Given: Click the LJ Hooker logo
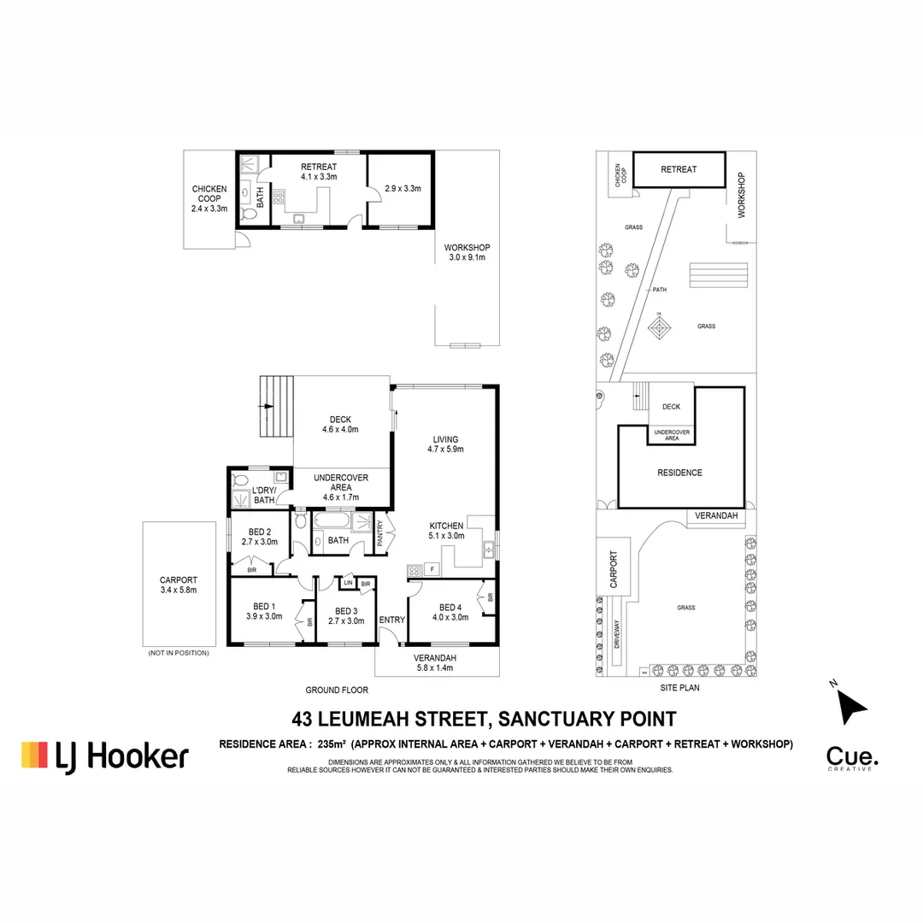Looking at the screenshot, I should click(x=105, y=755).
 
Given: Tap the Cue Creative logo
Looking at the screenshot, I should click(x=851, y=757).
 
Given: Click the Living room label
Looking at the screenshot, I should click(x=446, y=444).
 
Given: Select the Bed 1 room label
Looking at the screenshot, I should click(x=264, y=611).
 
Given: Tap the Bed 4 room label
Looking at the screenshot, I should click(x=450, y=611).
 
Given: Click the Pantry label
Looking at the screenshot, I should click(x=380, y=533).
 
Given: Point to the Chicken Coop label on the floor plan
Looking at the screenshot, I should click(x=209, y=198).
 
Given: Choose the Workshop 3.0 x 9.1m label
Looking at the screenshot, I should click(x=467, y=252).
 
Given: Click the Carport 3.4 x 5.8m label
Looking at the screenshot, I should click(x=179, y=585).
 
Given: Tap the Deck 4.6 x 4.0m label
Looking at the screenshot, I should click(x=341, y=424).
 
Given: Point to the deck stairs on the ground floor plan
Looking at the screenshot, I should click(x=275, y=407).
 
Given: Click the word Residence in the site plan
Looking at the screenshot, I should click(x=679, y=473).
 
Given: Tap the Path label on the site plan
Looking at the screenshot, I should click(x=659, y=289).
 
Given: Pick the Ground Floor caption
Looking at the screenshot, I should click(x=336, y=690).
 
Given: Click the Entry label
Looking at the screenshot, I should click(x=392, y=620).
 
